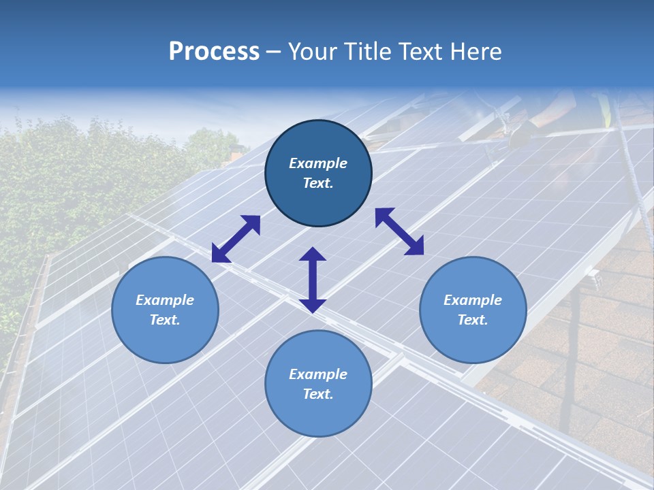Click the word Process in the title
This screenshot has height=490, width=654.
point(214,52)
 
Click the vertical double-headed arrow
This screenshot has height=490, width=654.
point(313,280)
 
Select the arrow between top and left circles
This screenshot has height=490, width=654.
point(236,239)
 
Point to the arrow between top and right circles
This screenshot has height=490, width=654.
point(399,231)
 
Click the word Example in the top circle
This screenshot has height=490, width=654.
point(318,163)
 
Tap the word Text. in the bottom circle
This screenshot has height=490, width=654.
point(318,394)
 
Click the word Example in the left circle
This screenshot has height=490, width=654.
point(165,300)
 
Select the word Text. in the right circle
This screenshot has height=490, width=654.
point(473,320)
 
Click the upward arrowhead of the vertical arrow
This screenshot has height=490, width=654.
point(313,255)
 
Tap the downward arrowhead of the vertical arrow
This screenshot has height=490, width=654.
point(313,306)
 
